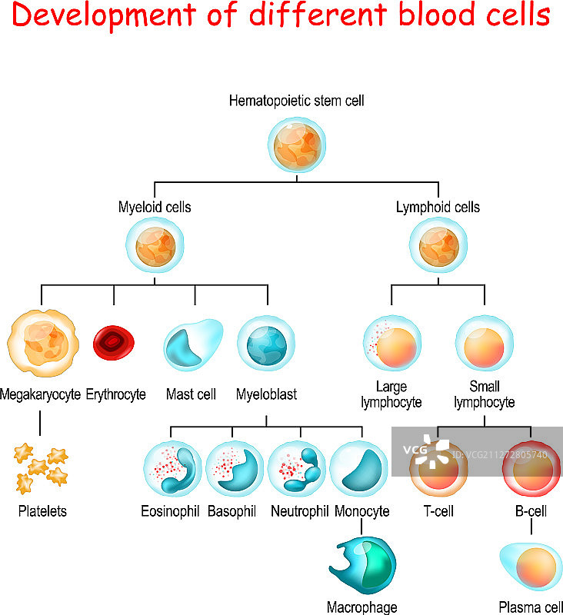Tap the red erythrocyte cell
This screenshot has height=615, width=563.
tap(113, 342)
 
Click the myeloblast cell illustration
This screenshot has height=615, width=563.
tap(267, 343)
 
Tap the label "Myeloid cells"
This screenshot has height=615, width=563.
tap(155, 207)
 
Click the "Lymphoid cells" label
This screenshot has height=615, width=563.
tap(438, 207)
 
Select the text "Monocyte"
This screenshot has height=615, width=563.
tap(362, 511)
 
